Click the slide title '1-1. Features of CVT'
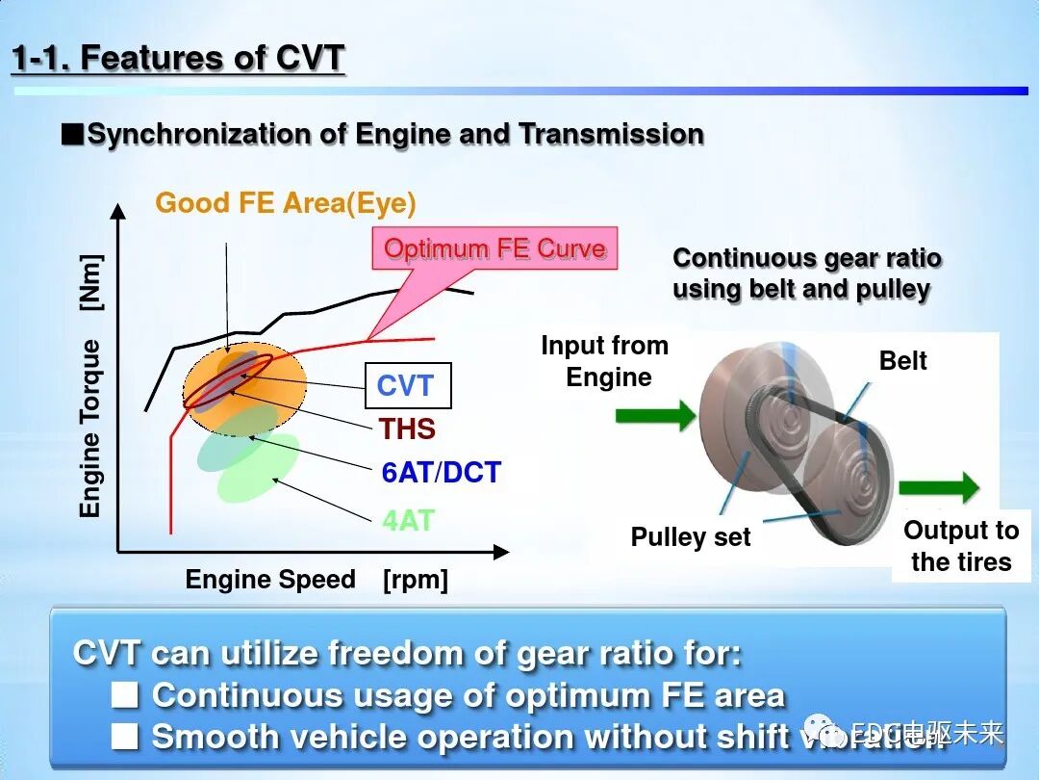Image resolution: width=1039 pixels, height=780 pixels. pyautogui.click(x=178, y=59)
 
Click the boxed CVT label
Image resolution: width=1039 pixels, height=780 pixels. pyautogui.click(x=407, y=386)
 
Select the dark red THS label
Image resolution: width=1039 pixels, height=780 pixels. pyautogui.click(x=407, y=429)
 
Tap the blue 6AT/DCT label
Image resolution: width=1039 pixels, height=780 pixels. pyautogui.click(x=441, y=474)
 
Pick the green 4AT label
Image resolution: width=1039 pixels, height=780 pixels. pyautogui.click(x=408, y=521)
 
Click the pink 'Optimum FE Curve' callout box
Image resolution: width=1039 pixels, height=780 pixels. pyautogui.click(x=494, y=248)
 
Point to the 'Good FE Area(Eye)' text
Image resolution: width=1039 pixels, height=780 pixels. pyautogui.click(x=286, y=203)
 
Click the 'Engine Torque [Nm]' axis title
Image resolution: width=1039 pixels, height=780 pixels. pyautogui.click(x=90, y=385)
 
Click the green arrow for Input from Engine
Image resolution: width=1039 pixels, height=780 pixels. pyautogui.click(x=654, y=416)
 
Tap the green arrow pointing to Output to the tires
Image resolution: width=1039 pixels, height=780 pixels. pyautogui.click(x=938, y=487)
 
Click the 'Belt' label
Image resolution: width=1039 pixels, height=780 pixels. pyautogui.click(x=902, y=361)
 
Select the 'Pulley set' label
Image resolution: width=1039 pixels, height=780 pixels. pyautogui.click(x=690, y=537)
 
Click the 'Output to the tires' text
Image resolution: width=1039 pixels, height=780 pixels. pyautogui.click(x=960, y=546)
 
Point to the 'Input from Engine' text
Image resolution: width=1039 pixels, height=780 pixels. pyautogui.click(x=604, y=361)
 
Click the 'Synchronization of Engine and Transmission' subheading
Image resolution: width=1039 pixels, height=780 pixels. pyautogui.click(x=394, y=135)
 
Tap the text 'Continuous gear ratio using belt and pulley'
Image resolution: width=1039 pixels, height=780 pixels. pyautogui.click(x=806, y=273)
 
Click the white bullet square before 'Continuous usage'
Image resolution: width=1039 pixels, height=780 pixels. pyautogui.click(x=125, y=694)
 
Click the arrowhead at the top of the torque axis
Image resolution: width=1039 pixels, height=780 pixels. pyautogui.click(x=117, y=211)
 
